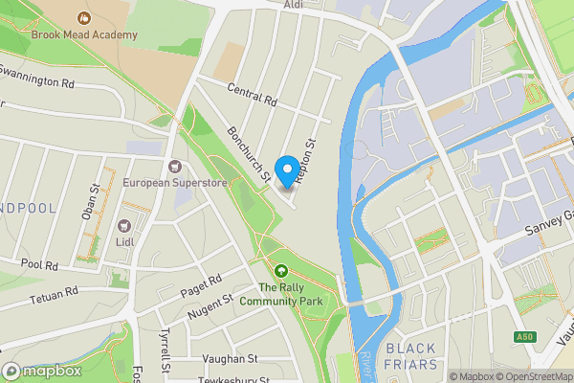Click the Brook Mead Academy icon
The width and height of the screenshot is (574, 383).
coord(84,17)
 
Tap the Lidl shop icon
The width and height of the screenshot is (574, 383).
coord(123,226)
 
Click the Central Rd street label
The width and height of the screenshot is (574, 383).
coord(252,95)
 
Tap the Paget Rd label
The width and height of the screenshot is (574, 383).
coord(202,284)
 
